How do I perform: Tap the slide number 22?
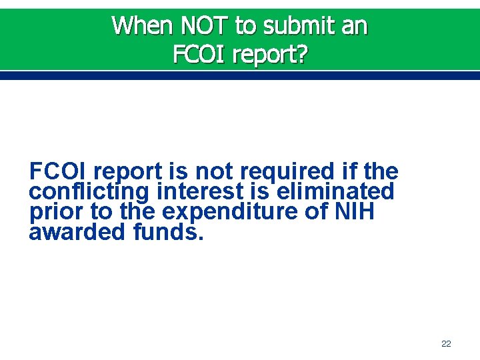point(446,344)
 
